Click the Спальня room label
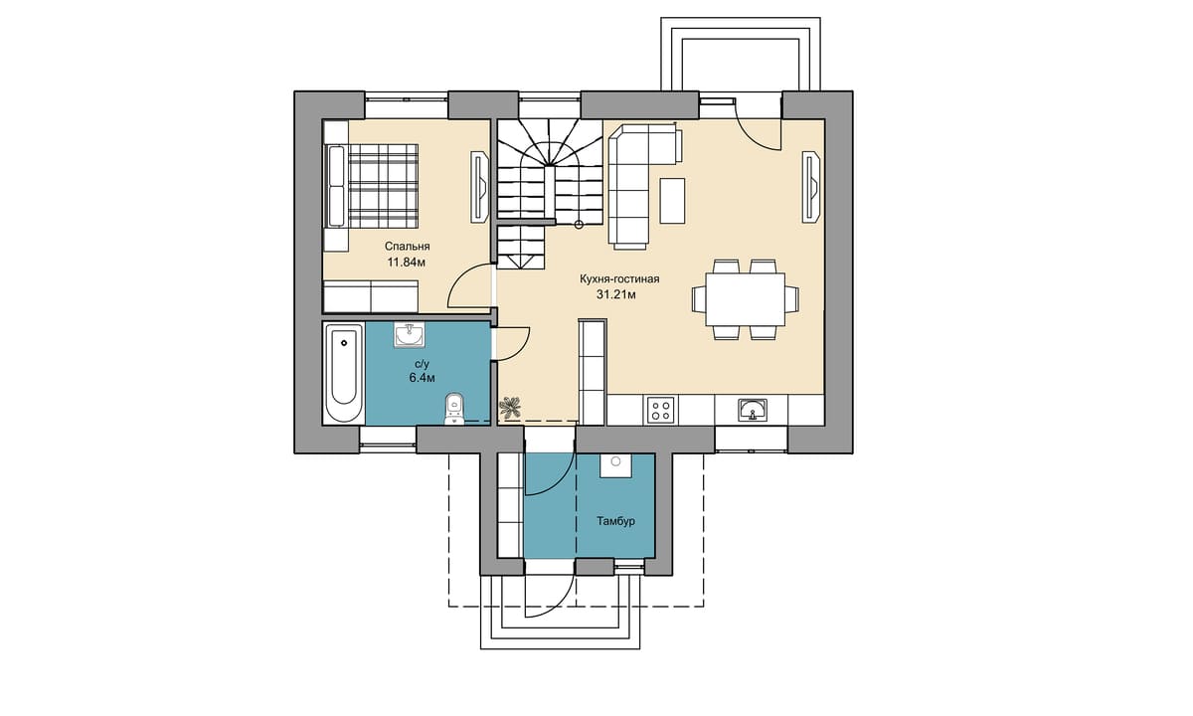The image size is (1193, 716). pos(407,247)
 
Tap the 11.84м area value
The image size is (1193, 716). pos(407,263)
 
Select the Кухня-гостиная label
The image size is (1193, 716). pos(619,279)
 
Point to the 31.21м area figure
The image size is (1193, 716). pos(616,294)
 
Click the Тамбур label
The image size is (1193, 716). pos(615,520)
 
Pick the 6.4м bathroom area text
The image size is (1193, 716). pos(422,378)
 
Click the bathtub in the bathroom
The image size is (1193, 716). pos(344,372)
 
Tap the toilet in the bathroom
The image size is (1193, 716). pos(453,409)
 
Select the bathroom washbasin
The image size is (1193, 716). pos(410,334)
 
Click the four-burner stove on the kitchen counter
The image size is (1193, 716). pos(661,410)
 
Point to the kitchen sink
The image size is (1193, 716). pos(752,410)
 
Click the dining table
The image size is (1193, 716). pos(745,299)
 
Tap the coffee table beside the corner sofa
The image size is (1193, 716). pos(672,201)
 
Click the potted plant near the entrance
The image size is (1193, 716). pos(510,407)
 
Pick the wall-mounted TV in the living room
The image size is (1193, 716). pos(811,187)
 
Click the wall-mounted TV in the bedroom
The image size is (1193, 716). pos(479,187)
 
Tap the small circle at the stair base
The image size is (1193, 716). pos(579,225)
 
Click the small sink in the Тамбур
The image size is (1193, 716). pos(615,465)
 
